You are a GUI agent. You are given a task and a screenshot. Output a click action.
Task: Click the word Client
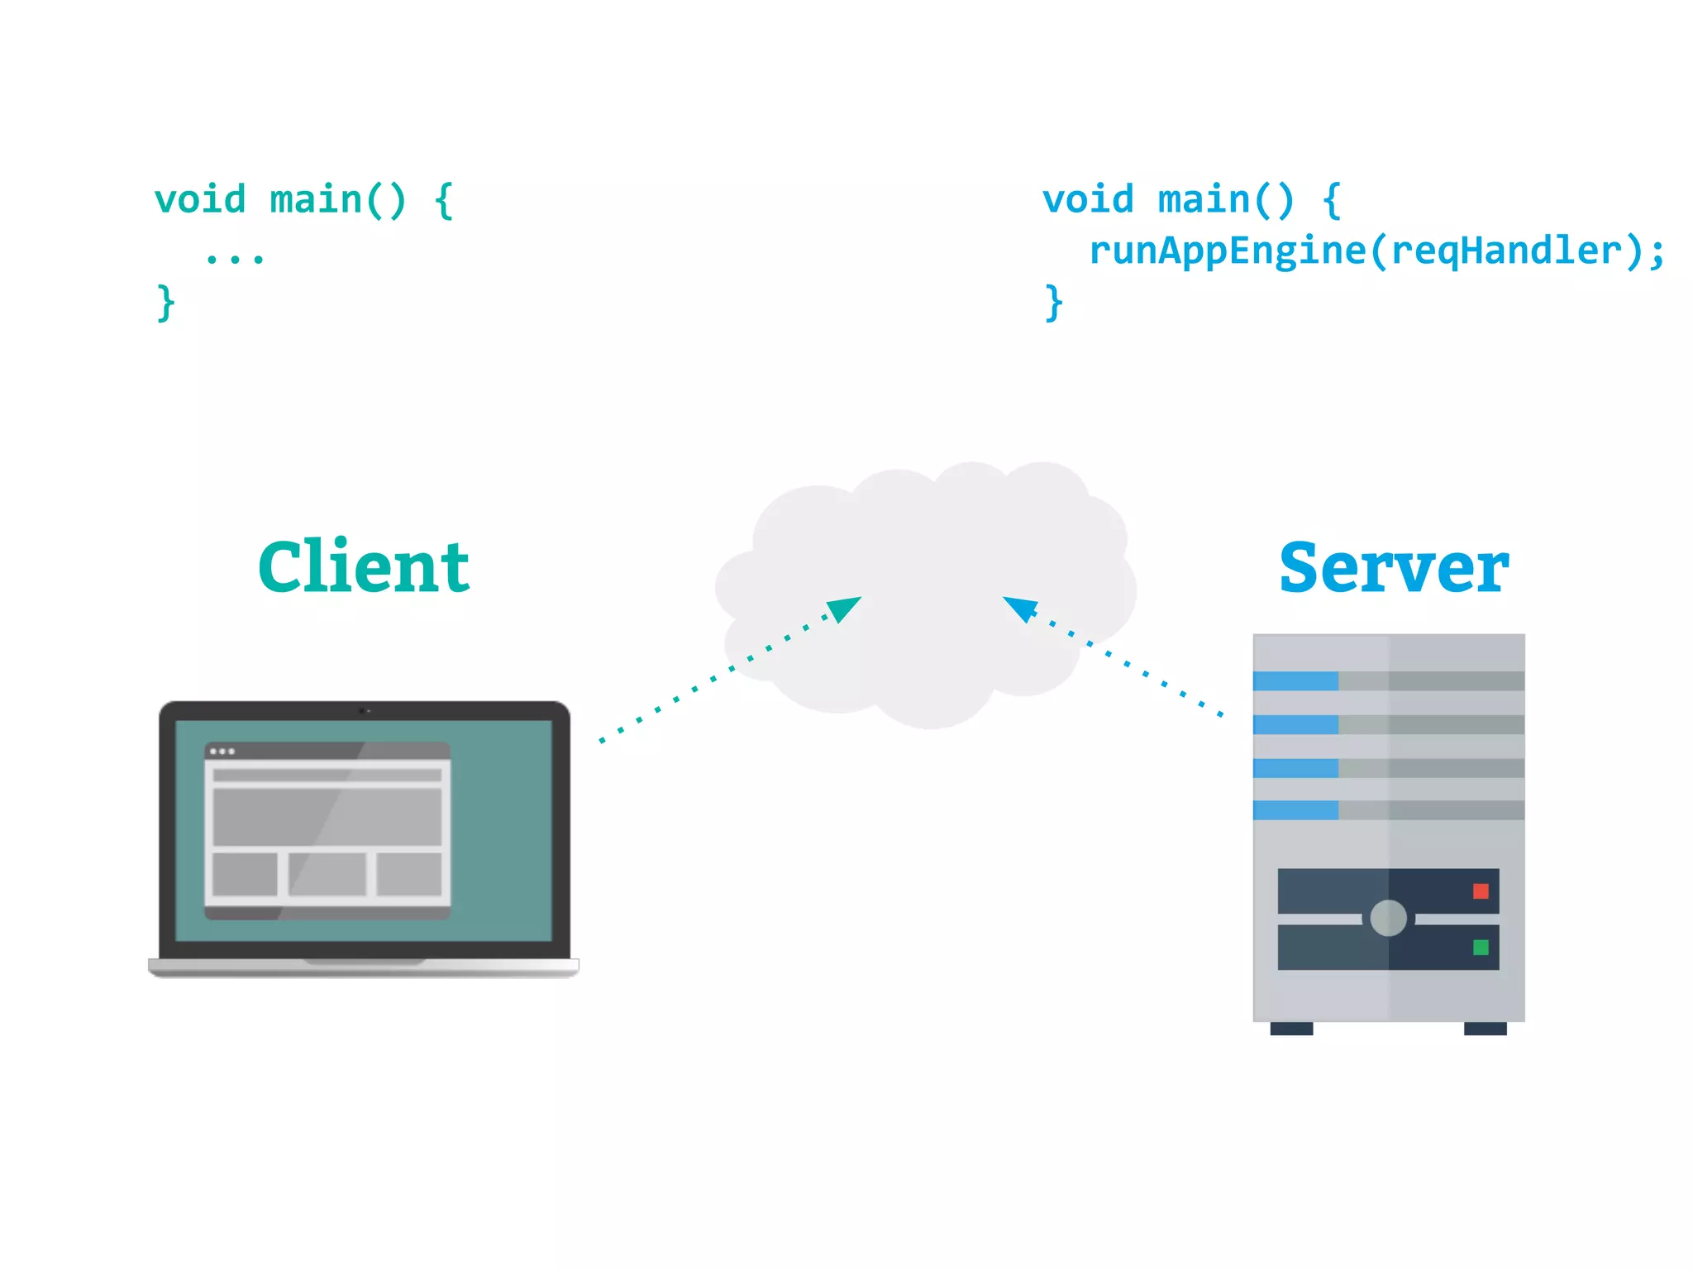pyautogui.click(x=364, y=567)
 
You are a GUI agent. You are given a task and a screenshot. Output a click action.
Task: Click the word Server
pyautogui.click(x=1394, y=569)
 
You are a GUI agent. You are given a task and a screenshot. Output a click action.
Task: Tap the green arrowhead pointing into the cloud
pyautogui.click(x=845, y=609)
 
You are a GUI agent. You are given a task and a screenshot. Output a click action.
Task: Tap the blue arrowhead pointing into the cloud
pyautogui.click(x=1020, y=608)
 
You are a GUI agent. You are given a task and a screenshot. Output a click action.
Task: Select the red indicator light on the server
pyautogui.click(x=1481, y=891)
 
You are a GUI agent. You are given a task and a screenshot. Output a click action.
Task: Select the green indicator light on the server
pyautogui.click(x=1481, y=948)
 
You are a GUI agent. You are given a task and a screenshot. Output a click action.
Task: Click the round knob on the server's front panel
pyautogui.click(x=1388, y=918)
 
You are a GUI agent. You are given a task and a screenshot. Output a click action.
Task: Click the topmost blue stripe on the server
pyautogui.click(x=1295, y=681)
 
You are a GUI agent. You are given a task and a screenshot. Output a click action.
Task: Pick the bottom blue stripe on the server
pyautogui.click(x=1295, y=810)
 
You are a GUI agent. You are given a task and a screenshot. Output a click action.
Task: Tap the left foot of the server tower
pyautogui.click(x=1291, y=1029)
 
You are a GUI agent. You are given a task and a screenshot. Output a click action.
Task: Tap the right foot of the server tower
pyautogui.click(x=1485, y=1029)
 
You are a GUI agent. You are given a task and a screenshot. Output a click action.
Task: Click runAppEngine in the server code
pyautogui.click(x=1227, y=251)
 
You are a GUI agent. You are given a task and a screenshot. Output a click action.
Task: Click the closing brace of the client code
pyautogui.click(x=166, y=303)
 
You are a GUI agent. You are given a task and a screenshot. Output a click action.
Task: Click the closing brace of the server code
pyautogui.click(x=1053, y=303)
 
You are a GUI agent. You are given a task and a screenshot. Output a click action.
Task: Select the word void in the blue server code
pyautogui.click(x=1088, y=200)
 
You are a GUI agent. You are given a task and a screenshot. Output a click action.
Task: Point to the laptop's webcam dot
pyautogui.click(x=363, y=710)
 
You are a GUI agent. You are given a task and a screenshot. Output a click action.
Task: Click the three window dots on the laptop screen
pyautogui.click(x=222, y=752)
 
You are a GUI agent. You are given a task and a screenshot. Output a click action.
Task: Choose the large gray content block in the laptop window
pyautogui.click(x=327, y=816)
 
